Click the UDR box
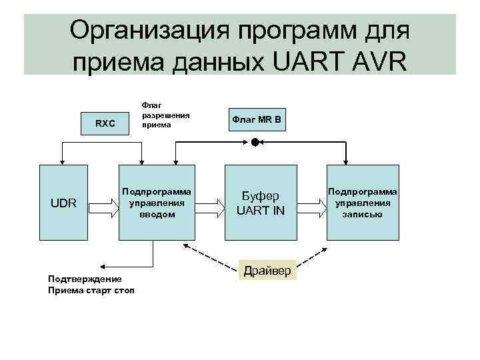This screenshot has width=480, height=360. tap(63, 203)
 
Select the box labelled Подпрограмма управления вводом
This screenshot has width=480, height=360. tap(157, 203)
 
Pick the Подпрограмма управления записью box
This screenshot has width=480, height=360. tap(362, 203)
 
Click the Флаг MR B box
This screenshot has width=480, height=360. tap(257, 119)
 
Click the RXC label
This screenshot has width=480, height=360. tap(105, 123)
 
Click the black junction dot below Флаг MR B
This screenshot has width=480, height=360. tap(254, 142)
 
